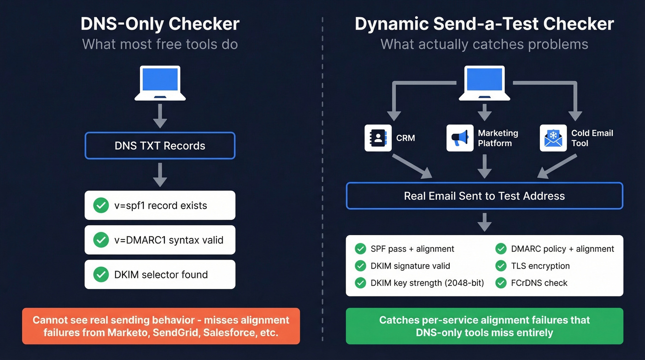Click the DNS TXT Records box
[x=160, y=146]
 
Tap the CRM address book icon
[x=378, y=138]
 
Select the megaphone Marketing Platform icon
[x=460, y=138]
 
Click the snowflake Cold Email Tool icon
[x=553, y=138]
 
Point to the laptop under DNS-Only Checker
[x=160, y=83]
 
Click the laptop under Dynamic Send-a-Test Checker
[x=484, y=83]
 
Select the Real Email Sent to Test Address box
[x=484, y=196]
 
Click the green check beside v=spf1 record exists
[x=101, y=206]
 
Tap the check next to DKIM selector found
[x=101, y=275]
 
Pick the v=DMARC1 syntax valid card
[x=160, y=240]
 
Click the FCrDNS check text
[x=539, y=283]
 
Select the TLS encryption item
[x=540, y=266]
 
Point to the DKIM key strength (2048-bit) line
[x=427, y=283]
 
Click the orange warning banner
[x=161, y=326]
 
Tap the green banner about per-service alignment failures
[x=484, y=326]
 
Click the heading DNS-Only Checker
[x=160, y=24]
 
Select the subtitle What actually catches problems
[x=484, y=44]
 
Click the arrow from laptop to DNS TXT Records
[x=160, y=116]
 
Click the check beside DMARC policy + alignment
[x=501, y=249]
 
